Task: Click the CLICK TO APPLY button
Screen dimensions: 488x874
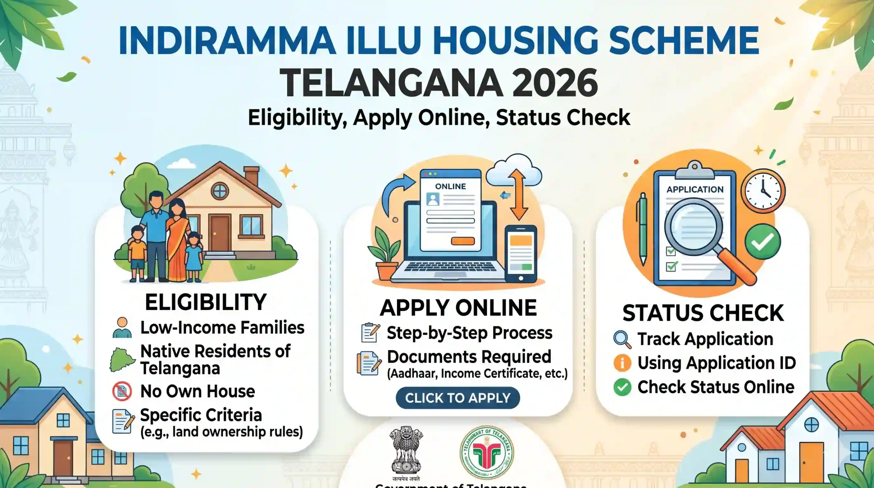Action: tap(457, 398)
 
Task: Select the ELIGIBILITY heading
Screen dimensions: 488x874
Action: tap(206, 302)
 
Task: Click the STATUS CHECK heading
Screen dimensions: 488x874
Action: tap(703, 313)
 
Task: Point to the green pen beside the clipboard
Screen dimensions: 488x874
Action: tap(643, 229)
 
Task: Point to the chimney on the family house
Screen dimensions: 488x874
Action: tap(252, 176)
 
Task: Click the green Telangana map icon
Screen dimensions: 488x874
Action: tap(122, 360)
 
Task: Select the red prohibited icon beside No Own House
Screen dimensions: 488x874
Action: tap(122, 391)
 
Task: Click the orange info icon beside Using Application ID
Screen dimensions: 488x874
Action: tap(622, 363)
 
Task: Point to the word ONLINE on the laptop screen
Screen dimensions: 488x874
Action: tap(450, 186)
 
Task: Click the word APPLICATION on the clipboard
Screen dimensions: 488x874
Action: tap(695, 190)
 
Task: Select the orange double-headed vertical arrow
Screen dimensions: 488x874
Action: tap(519, 195)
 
